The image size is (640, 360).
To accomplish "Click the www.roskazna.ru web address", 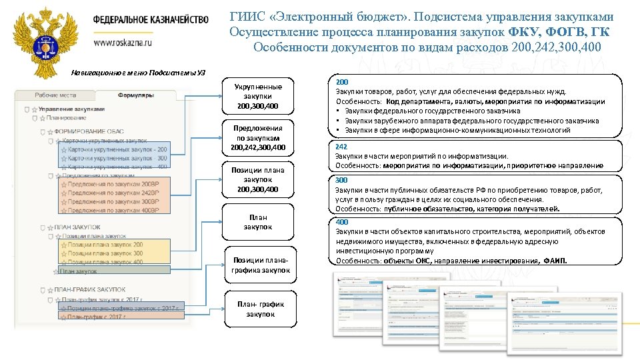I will (123, 42).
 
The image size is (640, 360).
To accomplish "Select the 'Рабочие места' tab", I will (56, 95).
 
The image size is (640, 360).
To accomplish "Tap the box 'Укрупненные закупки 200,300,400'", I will (258, 97).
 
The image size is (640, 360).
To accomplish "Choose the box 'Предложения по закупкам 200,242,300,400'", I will (258, 137).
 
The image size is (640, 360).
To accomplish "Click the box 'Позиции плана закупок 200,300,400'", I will (258, 180).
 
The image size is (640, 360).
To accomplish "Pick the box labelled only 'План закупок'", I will (258, 222).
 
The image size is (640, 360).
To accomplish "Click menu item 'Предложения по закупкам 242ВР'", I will (113, 192).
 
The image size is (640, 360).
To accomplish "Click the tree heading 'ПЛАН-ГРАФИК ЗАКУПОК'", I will (90, 290).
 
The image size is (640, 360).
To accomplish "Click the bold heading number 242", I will (341, 146).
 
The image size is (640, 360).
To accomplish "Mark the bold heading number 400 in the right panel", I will (341, 221).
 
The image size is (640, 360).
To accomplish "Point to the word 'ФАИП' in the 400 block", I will (555, 261).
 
